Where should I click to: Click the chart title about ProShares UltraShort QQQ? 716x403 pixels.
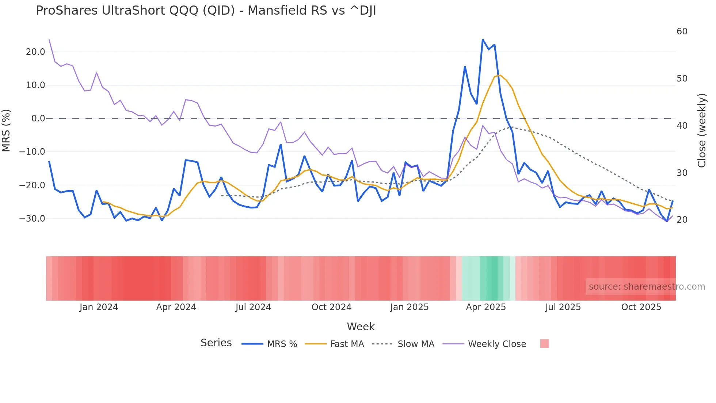(206, 11)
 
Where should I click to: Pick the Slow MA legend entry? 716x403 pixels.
(403, 344)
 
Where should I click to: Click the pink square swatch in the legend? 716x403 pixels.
(544, 344)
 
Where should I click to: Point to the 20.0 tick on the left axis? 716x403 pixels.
(35, 52)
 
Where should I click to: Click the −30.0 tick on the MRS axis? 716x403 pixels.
(32, 219)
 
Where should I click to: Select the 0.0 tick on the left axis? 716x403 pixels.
(38, 118)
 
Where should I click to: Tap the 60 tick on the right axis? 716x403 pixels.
(682, 31)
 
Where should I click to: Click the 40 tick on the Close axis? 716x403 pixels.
(682, 125)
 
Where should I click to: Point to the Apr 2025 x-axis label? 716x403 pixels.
(486, 307)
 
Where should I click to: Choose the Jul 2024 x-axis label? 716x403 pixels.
(253, 307)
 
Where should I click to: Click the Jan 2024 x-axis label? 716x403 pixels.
(99, 307)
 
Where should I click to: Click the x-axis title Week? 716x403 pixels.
(361, 327)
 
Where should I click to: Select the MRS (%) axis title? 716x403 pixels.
(6, 130)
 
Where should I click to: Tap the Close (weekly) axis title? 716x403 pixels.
(701, 130)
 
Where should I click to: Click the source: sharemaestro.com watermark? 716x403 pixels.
(647, 287)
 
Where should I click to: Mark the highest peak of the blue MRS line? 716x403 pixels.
(483, 39)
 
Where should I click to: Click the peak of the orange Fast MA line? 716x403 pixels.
(500, 75)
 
